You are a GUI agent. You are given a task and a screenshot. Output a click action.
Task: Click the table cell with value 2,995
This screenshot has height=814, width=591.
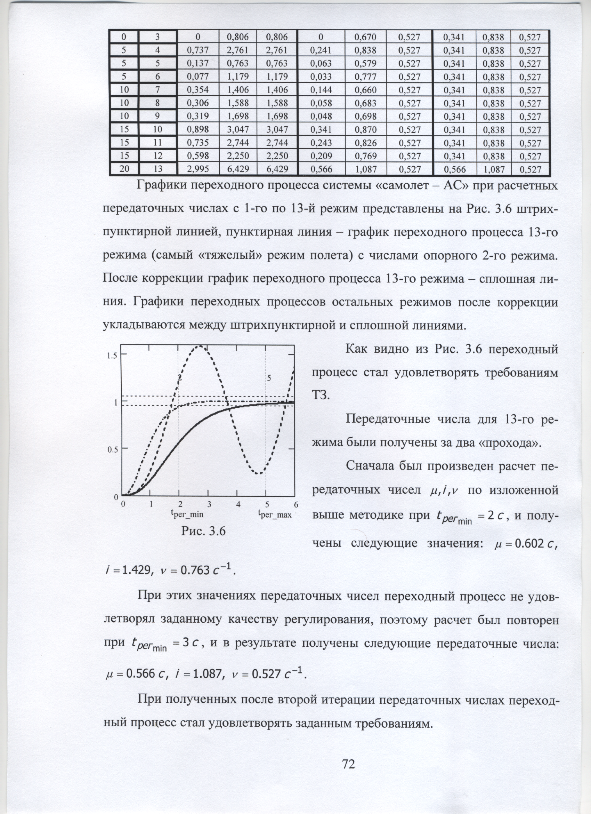(x=197, y=169)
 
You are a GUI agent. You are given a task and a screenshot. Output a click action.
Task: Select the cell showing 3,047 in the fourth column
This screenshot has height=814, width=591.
(x=238, y=129)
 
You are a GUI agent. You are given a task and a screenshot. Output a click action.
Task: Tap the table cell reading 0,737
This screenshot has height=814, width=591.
(x=197, y=50)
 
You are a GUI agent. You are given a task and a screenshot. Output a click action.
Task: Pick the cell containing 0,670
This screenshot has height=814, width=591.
(x=365, y=37)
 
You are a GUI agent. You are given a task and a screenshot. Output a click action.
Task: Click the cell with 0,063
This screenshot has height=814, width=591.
(x=321, y=64)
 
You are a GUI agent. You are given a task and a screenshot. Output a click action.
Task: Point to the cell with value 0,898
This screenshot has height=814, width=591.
(x=197, y=129)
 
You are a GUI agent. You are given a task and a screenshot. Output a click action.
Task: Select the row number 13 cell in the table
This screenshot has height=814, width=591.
(x=158, y=169)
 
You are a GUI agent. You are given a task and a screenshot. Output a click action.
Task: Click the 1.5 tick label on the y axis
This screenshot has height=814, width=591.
(x=112, y=356)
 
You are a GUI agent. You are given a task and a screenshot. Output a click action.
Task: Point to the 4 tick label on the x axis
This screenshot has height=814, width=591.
(x=238, y=504)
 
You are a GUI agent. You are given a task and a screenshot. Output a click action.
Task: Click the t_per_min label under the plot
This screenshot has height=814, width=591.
(x=187, y=514)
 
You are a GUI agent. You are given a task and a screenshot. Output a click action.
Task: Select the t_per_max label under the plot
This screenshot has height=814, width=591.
(x=275, y=514)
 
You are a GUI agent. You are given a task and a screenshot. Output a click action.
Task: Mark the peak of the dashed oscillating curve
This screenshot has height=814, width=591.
(x=200, y=346)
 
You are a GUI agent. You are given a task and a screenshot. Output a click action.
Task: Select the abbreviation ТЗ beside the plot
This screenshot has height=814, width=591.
(x=319, y=395)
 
